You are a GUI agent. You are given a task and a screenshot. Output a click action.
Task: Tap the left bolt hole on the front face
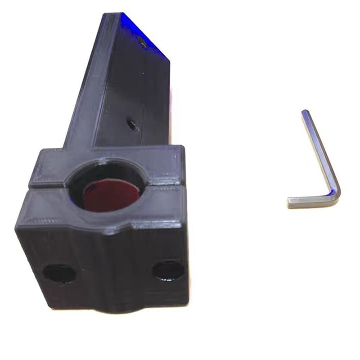pos(59,273)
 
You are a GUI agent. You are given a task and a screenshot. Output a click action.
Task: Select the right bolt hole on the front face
pos(168,270)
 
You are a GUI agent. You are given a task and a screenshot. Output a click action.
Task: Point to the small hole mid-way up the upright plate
pos(133,124)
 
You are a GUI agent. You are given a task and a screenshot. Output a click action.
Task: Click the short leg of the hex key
pos(310,201)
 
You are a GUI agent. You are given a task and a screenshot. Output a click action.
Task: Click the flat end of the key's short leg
pos(289,203)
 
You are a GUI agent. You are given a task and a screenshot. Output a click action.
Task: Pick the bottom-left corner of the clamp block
pos(49,306)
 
